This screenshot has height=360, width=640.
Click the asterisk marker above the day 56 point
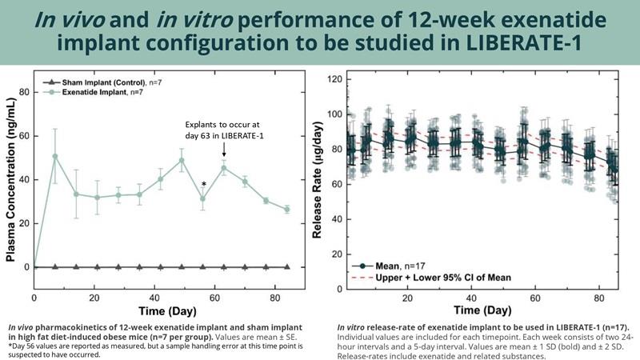[205, 186]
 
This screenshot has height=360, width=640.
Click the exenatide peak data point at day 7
[55, 156]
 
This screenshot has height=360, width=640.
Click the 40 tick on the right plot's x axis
[474, 298]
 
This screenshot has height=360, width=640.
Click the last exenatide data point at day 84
[286, 209]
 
